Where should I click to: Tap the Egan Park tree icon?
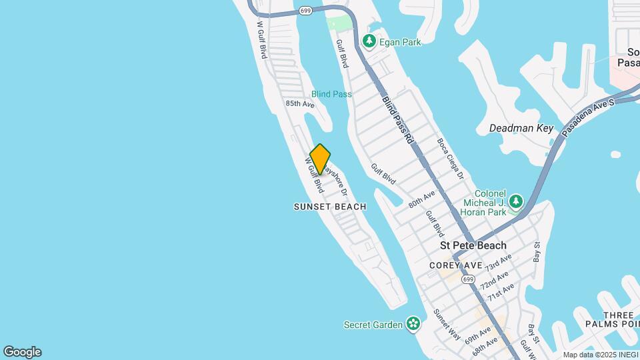369,42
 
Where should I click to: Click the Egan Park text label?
400,42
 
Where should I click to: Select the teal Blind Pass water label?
331,94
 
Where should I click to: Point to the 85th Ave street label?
299,104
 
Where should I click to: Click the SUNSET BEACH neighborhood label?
330,207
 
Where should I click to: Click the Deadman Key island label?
521,128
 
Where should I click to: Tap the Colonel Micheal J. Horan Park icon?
515,201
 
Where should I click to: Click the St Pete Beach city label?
473,245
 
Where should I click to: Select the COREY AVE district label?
455,265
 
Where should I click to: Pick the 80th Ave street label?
422,199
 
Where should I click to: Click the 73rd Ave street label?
499,262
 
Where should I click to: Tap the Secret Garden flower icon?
413,325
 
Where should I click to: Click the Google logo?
22,352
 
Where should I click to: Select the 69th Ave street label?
479,334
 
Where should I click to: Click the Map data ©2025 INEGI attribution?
601,355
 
